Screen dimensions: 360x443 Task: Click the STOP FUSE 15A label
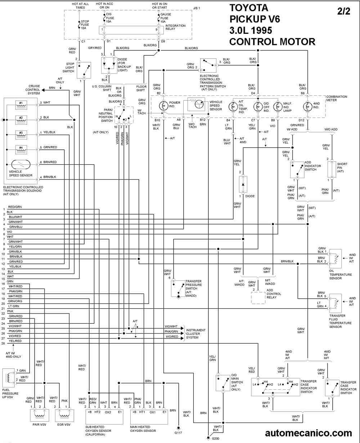click(x=85, y=25)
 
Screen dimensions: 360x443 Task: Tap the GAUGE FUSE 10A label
click(x=166, y=18)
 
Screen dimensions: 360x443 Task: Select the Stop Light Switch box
click(x=84, y=70)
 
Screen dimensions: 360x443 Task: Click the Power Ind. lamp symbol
click(x=163, y=106)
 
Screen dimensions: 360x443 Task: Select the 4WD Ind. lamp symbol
click(x=307, y=107)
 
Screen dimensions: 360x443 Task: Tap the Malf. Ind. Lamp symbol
click(x=278, y=107)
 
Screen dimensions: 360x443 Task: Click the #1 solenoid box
click(x=21, y=105)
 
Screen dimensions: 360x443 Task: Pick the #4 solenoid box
click(x=21, y=150)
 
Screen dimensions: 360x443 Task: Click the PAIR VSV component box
click(x=40, y=416)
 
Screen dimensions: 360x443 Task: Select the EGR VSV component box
click(x=64, y=416)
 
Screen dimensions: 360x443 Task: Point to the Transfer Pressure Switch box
click(x=178, y=289)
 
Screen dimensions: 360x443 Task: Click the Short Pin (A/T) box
click(x=332, y=169)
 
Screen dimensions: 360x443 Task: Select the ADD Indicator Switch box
click(x=297, y=170)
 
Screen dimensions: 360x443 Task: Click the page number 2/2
click(x=344, y=11)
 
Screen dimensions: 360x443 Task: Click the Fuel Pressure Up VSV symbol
click(x=9, y=378)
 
